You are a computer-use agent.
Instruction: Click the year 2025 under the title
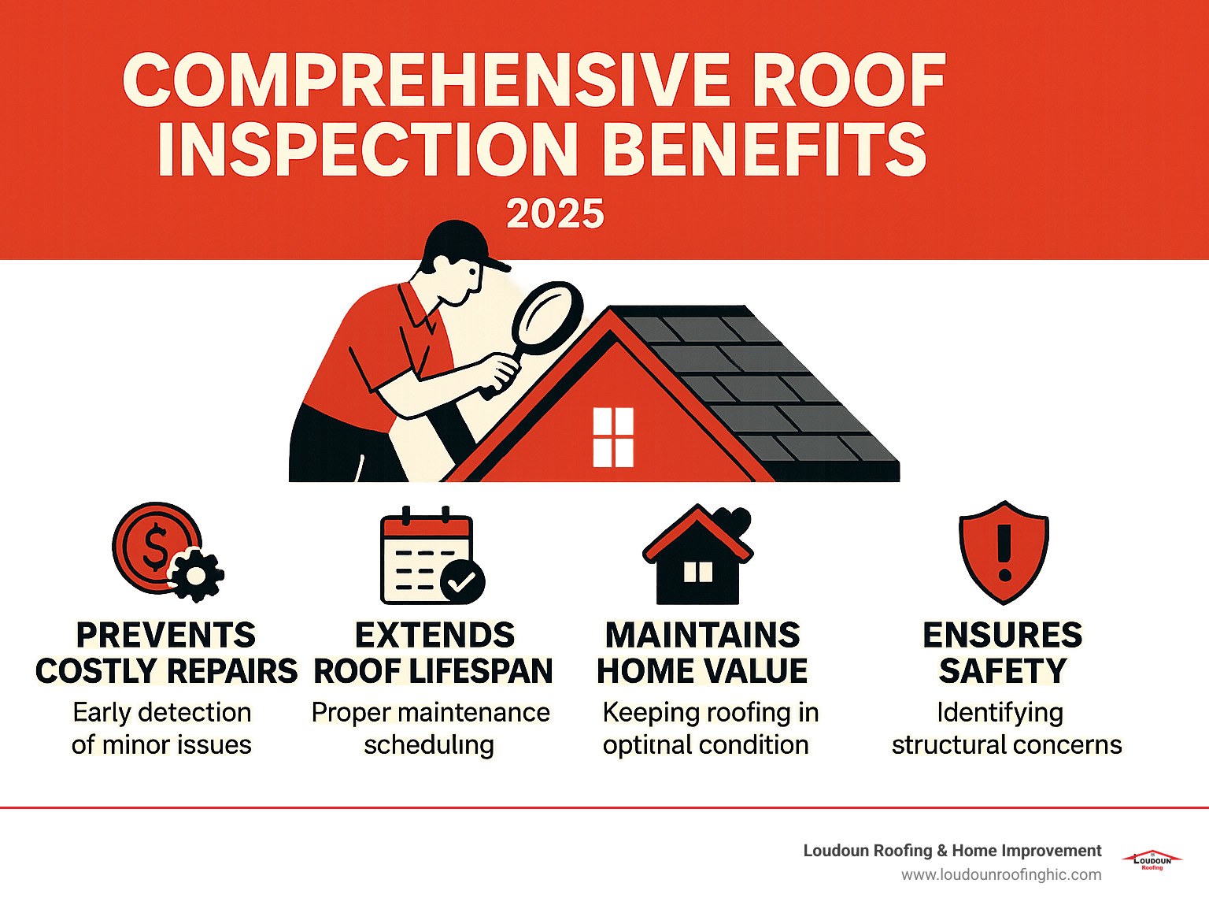tap(555, 214)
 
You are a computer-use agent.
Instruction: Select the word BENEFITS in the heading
tap(768, 150)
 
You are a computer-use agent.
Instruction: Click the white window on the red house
tap(613, 437)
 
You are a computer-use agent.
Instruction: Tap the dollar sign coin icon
tap(155, 547)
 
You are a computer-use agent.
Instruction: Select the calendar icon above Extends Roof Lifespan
tap(425, 555)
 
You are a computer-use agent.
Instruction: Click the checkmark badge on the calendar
tap(462, 582)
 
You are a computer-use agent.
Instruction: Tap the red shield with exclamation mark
tap(1004, 551)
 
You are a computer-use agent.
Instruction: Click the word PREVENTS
tap(166, 635)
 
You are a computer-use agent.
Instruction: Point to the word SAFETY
tap(1003, 671)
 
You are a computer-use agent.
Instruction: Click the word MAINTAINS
tap(702, 635)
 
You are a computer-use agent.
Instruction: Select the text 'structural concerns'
tap(1007, 744)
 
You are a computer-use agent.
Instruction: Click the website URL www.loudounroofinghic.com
tap(1001, 875)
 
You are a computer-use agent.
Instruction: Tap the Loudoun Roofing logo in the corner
tap(1152, 860)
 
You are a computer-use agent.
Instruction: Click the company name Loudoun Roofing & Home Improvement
tap(952, 851)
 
